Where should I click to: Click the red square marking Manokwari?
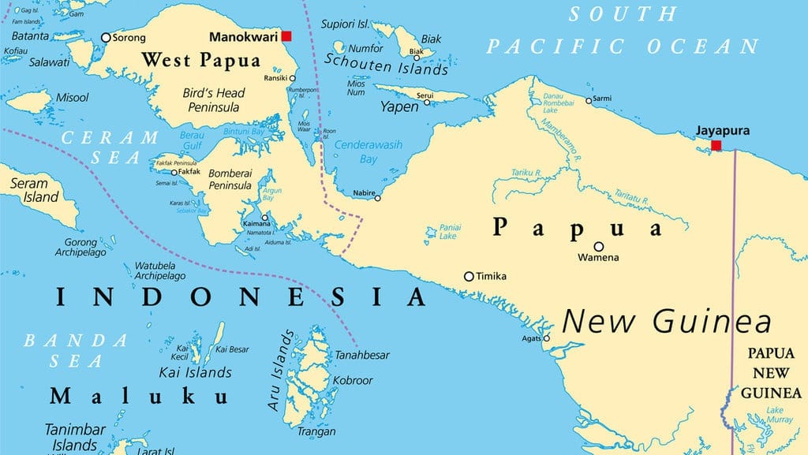click(286, 36)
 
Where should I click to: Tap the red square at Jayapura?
click(716, 145)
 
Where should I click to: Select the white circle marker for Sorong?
click(106, 37)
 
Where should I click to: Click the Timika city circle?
click(469, 276)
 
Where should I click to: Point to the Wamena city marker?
click(599, 246)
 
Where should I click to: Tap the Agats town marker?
click(546, 339)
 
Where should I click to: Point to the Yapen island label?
click(399, 106)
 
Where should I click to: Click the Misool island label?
click(72, 98)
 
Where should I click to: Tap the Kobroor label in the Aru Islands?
click(352, 380)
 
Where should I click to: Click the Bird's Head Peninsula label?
click(213, 99)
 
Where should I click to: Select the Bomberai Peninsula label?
click(229, 178)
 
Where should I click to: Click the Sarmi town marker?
click(588, 100)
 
